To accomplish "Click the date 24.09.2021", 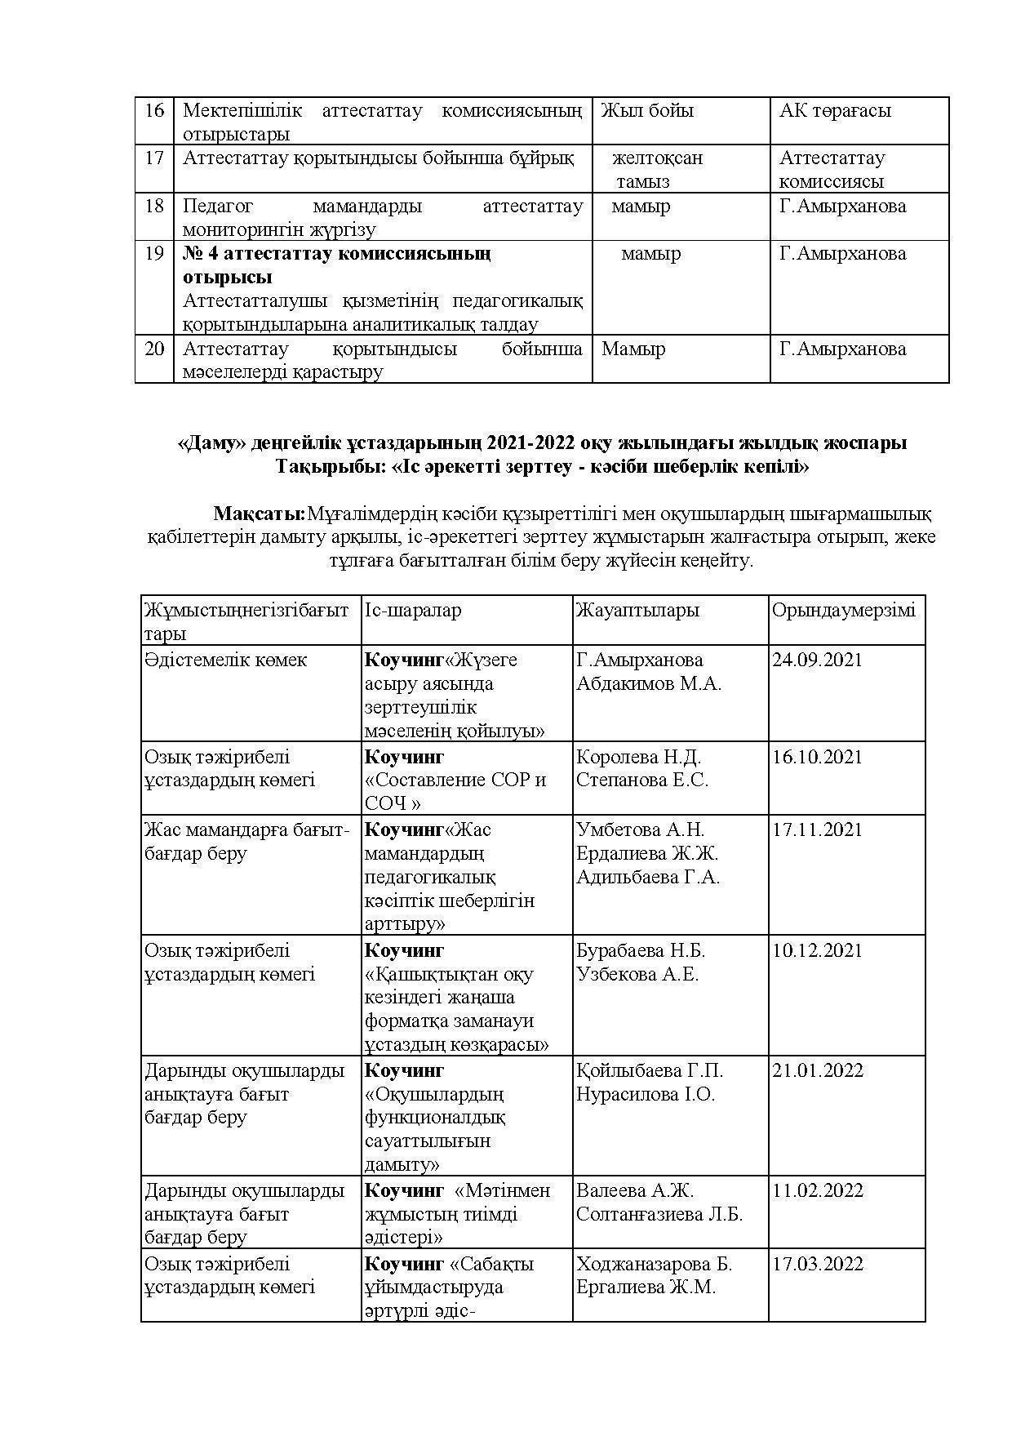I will tap(817, 660).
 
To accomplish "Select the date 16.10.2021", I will tap(817, 757).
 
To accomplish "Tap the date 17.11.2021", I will tap(817, 829).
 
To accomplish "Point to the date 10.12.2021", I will tap(817, 950).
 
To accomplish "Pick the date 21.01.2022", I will tap(817, 1070).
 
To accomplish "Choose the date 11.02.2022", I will tap(817, 1190).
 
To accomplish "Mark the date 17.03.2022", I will tap(817, 1264).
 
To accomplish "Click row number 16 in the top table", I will tap(154, 110).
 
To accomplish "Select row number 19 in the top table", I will tap(154, 254).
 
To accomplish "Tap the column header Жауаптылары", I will tap(637, 611).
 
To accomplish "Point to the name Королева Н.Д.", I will tap(638, 757).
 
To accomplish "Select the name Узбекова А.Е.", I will tap(637, 974).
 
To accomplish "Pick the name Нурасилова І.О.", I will tap(645, 1094).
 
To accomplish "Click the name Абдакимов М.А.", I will tap(648, 683).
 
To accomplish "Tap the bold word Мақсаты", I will tap(258, 514).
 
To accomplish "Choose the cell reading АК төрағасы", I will tap(834, 111).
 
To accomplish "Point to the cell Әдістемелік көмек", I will tap(225, 660).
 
